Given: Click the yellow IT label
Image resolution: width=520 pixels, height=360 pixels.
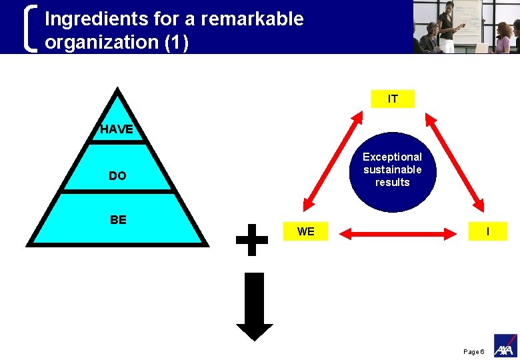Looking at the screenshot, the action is (393, 99).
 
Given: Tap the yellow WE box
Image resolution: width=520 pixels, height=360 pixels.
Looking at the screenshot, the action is (306, 231).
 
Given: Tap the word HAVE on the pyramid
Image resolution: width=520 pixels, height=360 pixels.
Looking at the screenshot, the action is (117, 129).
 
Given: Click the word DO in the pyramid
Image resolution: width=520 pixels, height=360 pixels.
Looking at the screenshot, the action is (117, 176).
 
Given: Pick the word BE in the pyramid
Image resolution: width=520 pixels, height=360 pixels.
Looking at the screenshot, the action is (118, 219).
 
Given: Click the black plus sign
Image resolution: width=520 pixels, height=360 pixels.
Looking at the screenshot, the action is (252, 239).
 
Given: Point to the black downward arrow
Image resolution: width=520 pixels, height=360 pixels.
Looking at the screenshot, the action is (254, 307).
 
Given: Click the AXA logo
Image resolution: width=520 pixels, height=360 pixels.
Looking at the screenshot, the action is (505, 347).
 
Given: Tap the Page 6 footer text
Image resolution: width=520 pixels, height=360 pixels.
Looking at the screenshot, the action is (473, 351).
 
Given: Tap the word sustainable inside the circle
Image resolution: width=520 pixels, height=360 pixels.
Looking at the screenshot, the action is (392, 169).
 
